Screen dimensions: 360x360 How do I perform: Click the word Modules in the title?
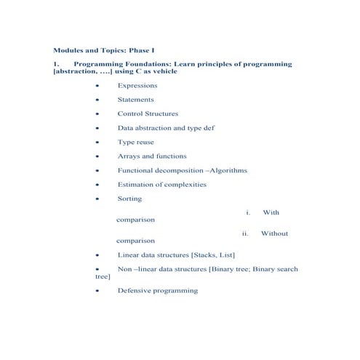pos(68,50)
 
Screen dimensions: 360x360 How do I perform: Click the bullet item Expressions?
pos(137,86)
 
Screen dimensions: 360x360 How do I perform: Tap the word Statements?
pos(135,100)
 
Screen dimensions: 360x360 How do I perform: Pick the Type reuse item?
pos(135,142)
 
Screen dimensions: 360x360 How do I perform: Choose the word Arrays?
pos(128,156)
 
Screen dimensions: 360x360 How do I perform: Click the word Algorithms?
pos(228,170)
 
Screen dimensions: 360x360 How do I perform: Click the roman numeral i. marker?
pos(249,212)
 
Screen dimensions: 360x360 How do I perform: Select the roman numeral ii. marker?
pos(246,233)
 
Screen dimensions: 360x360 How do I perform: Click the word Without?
pos(274,233)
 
